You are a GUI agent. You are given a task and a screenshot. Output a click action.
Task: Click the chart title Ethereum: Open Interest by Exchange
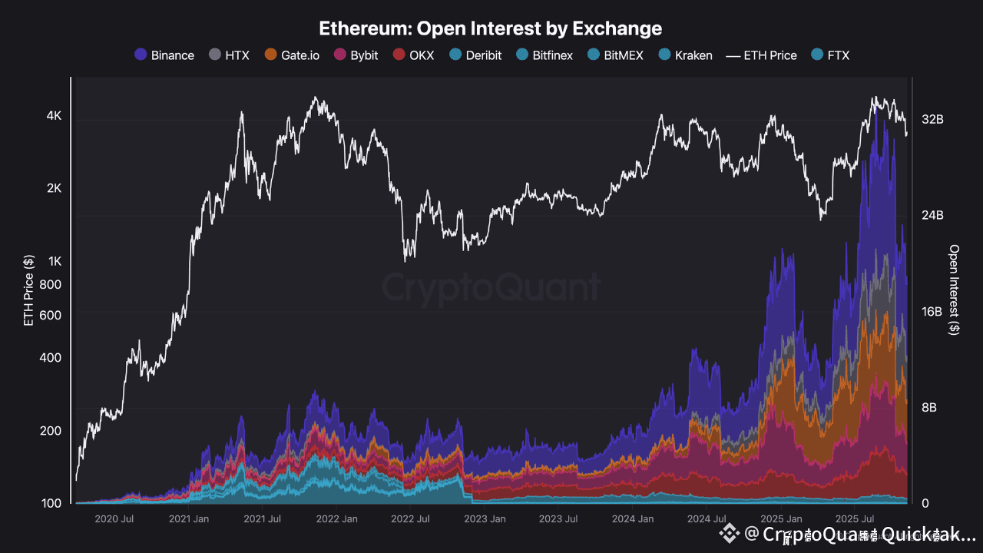click(491, 28)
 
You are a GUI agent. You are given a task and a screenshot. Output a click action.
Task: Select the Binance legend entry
click(164, 55)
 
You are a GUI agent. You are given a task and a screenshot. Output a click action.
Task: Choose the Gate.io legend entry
click(292, 55)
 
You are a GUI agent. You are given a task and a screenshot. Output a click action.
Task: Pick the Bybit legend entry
click(356, 55)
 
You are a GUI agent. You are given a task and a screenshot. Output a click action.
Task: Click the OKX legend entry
click(413, 55)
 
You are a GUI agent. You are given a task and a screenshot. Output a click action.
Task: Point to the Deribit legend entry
click(475, 55)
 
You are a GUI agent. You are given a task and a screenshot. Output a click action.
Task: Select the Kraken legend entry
click(685, 55)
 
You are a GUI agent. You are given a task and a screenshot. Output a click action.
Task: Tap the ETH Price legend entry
click(762, 55)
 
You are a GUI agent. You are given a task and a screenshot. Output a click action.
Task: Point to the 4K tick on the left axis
click(54, 116)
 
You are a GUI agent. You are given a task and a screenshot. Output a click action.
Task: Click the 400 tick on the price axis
click(51, 358)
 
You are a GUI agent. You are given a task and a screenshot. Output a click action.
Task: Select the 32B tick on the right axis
click(932, 120)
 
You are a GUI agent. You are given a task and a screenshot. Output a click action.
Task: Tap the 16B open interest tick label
click(932, 312)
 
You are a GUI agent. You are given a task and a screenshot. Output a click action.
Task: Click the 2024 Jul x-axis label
click(707, 519)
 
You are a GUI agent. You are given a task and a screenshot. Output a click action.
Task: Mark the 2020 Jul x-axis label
click(114, 519)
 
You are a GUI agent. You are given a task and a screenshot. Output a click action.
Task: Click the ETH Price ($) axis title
click(29, 290)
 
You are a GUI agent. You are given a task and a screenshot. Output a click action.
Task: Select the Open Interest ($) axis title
click(955, 290)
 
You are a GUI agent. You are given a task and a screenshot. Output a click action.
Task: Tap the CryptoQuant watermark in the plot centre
click(491, 288)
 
